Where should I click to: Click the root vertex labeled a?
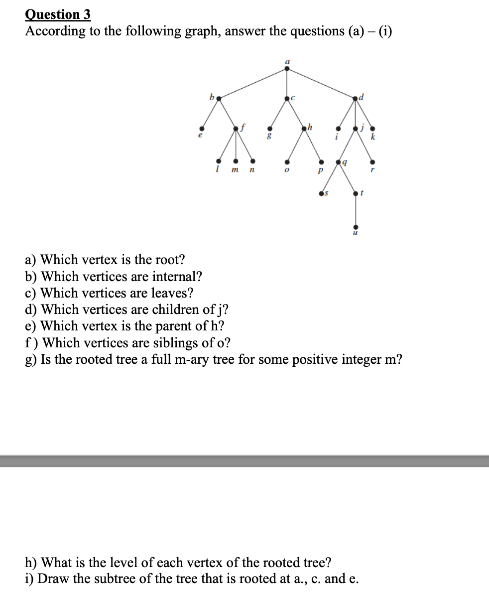pyautogui.click(x=286, y=69)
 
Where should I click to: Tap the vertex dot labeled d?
pyautogui.click(x=355, y=98)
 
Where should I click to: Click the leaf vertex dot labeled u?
pyautogui.click(x=355, y=227)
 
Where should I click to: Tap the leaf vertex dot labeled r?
pyautogui.click(x=372, y=161)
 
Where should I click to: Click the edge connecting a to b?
pyautogui.click(x=252, y=83)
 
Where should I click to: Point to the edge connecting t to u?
pyautogui.click(x=355, y=210)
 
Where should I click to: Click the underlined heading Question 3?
pyautogui.click(x=58, y=14)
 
